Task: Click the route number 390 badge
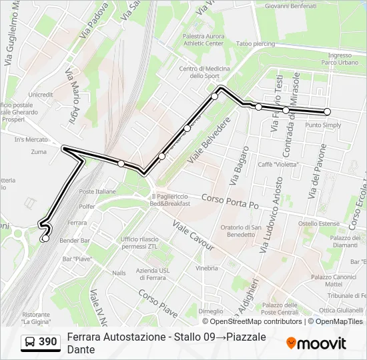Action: point(41,343)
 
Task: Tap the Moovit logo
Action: point(316,343)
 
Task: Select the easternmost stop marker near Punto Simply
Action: point(327,112)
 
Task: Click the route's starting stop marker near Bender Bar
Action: point(45,238)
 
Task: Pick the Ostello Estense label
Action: point(319,224)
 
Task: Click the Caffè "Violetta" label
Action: point(278,164)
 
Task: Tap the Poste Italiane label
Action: point(97,191)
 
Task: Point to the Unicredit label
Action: point(41,95)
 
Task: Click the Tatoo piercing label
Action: point(255,44)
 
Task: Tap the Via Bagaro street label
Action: point(239,165)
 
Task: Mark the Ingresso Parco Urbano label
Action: point(340,59)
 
